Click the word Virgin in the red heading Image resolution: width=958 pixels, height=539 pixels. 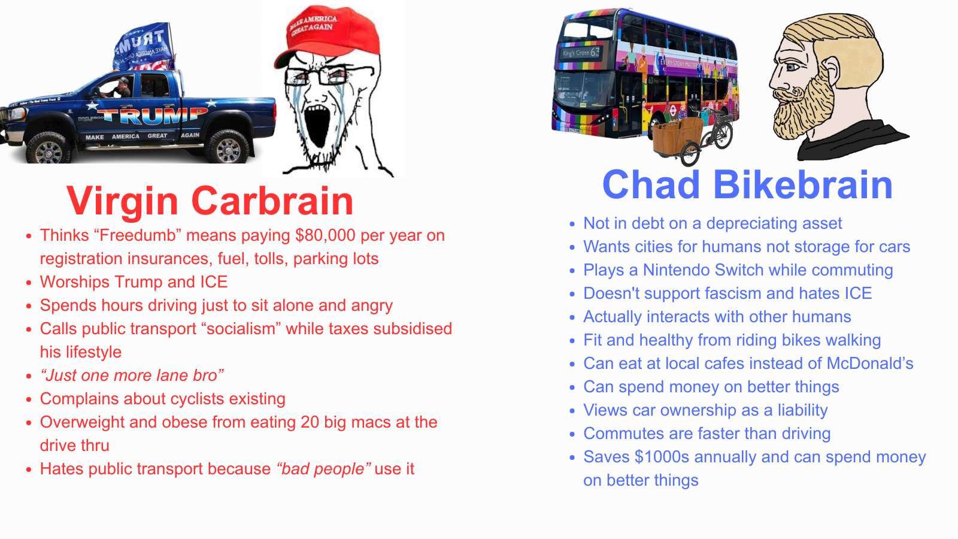[x=122, y=201]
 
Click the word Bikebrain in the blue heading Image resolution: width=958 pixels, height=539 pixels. [x=803, y=184]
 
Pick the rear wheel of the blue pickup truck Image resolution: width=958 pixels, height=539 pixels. [x=228, y=146]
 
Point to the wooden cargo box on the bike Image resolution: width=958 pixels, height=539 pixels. [x=678, y=135]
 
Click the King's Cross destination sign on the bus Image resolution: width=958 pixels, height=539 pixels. [x=581, y=53]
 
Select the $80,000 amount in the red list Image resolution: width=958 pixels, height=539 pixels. [x=325, y=236]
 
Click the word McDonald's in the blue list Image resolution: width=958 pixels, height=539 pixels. [x=870, y=363]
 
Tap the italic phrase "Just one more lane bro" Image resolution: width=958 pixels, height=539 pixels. [x=132, y=375]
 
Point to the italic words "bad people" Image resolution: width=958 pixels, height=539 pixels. [x=323, y=469]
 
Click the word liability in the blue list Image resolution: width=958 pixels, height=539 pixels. [x=802, y=410]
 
